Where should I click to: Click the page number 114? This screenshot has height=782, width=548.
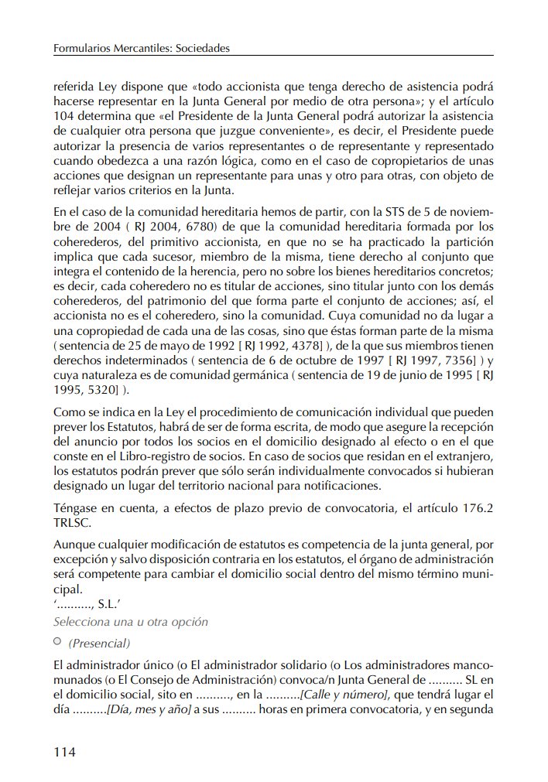[x=65, y=751]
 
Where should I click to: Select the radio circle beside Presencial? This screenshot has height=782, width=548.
[x=57, y=642]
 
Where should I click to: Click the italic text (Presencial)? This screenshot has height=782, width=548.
[x=99, y=643]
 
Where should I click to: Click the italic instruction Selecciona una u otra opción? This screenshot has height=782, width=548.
[x=131, y=622]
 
